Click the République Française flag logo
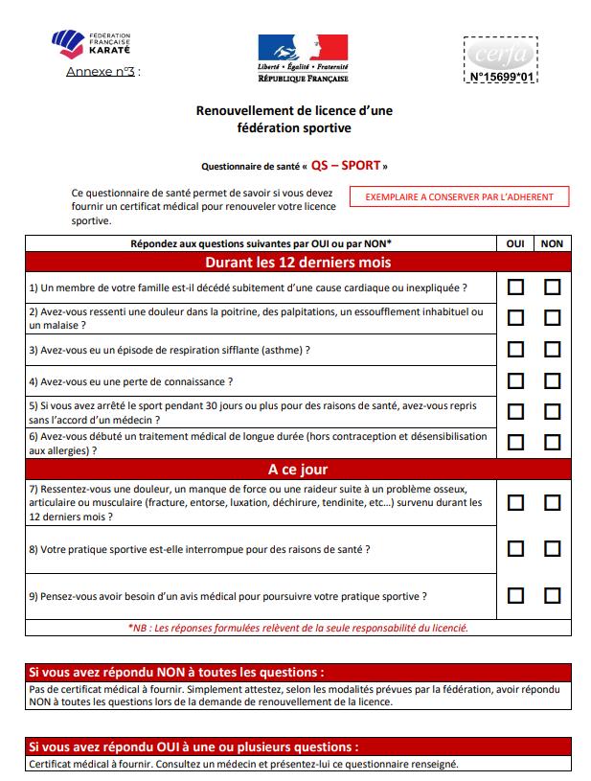point(302,57)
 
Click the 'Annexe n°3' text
point(102,72)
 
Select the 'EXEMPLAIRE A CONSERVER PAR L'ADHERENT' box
point(459,196)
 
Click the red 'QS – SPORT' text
point(345,164)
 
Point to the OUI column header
point(515,243)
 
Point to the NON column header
point(552,243)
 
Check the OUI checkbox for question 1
point(515,287)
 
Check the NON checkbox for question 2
point(552,317)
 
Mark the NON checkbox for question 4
point(552,380)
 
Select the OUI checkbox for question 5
point(515,411)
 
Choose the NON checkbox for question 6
point(552,442)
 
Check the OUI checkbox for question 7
point(515,502)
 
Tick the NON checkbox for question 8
point(552,549)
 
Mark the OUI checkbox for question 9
point(515,595)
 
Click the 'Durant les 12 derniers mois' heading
point(298,262)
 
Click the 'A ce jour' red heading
point(298,470)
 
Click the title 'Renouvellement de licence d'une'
point(294,111)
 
